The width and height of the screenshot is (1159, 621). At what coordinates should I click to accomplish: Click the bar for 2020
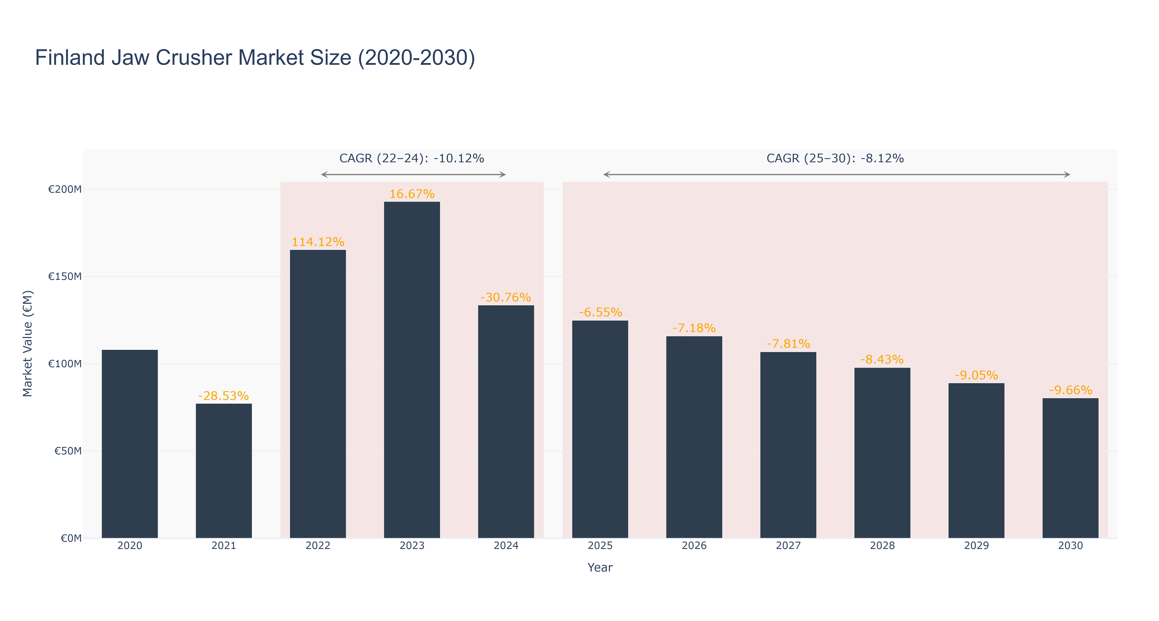pyautogui.click(x=130, y=444)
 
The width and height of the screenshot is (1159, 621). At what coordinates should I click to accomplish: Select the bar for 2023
pyautogui.click(x=412, y=370)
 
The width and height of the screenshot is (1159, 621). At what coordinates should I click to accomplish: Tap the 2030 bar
pyautogui.click(x=1070, y=468)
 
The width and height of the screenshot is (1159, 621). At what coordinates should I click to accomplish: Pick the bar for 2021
pyautogui.click(x=224, y=471)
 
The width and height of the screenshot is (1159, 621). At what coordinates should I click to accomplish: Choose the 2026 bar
pyautogui.click(x=694, y=437)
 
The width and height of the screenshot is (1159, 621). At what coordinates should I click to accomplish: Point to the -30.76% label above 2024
pyautogui.click(x=506, y=297)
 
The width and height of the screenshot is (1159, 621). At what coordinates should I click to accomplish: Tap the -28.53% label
pyautogui.click(x=224, y=396)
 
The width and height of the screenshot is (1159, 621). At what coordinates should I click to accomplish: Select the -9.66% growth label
pyautogui.click(x=1070, y=390)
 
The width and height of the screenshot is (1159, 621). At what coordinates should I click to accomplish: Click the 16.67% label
pyautogui.click(x=412, y=194)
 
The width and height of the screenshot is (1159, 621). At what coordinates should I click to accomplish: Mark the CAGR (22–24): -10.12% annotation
pyautogui.click(x=412, y=158)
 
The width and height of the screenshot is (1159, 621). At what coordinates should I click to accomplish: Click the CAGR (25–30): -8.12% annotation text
pyautogui.click(x=835, y=158)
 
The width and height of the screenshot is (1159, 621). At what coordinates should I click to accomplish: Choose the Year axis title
pyautogui.click(x=600, y=567)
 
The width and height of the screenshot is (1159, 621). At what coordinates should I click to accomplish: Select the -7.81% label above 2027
pyautogui.click(x=788, y=344)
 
